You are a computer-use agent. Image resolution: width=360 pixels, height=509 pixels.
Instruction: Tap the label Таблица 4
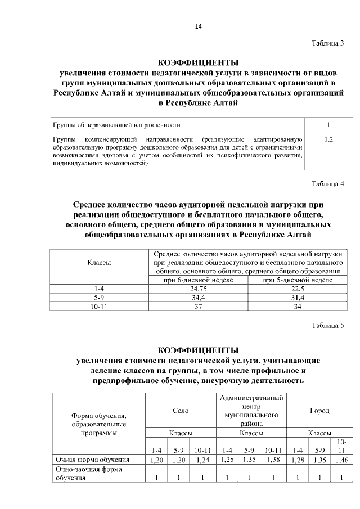(x=327, y=183)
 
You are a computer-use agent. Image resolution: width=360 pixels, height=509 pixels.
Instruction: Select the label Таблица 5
(x=327, y=326)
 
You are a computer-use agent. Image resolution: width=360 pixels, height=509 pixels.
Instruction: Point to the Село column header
(x=181, y=411)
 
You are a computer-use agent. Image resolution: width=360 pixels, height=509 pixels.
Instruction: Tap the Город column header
(x=319, y=411)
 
